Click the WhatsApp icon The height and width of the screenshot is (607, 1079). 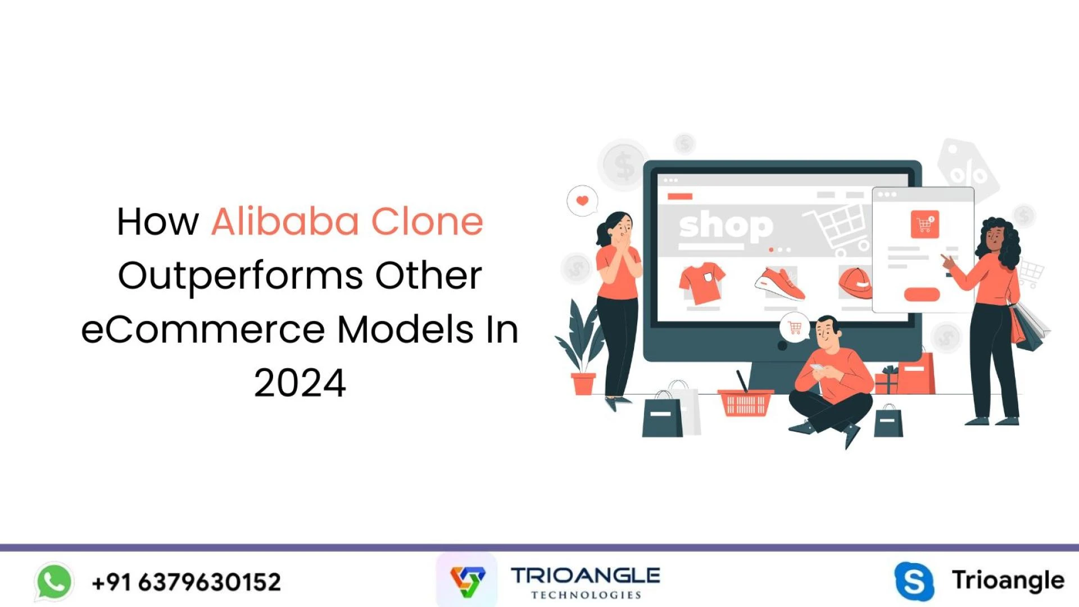(x=54, y=582)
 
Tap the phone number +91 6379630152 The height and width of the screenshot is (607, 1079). (x=186, y=582)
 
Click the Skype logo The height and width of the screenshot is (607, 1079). (x=914, y=581)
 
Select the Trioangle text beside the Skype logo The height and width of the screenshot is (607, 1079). (x=1008, y=580)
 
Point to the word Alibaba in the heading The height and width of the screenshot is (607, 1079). (x=285, y=221)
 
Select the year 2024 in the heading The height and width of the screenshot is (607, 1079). (x=300, y=383)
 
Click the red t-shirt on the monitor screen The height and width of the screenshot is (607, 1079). (x=701, y=283)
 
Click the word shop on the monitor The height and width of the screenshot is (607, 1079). (x=726, y=227)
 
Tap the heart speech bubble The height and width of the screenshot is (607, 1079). (x=582, y=201)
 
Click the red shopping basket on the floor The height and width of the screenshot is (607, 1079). (x=745, y=402)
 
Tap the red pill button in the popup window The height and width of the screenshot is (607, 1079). (x=922, y=295)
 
